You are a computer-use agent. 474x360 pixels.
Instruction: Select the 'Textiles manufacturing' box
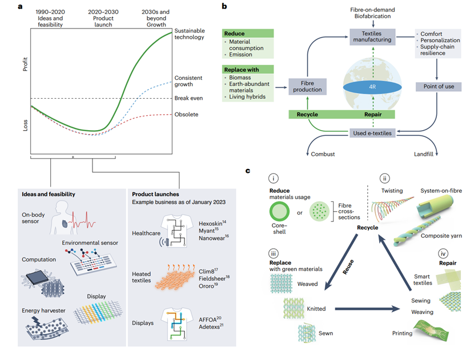point(373,38)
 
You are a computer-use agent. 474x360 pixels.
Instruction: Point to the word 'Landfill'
point(423,155)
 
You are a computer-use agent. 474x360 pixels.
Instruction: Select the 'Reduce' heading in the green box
point(234,34)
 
